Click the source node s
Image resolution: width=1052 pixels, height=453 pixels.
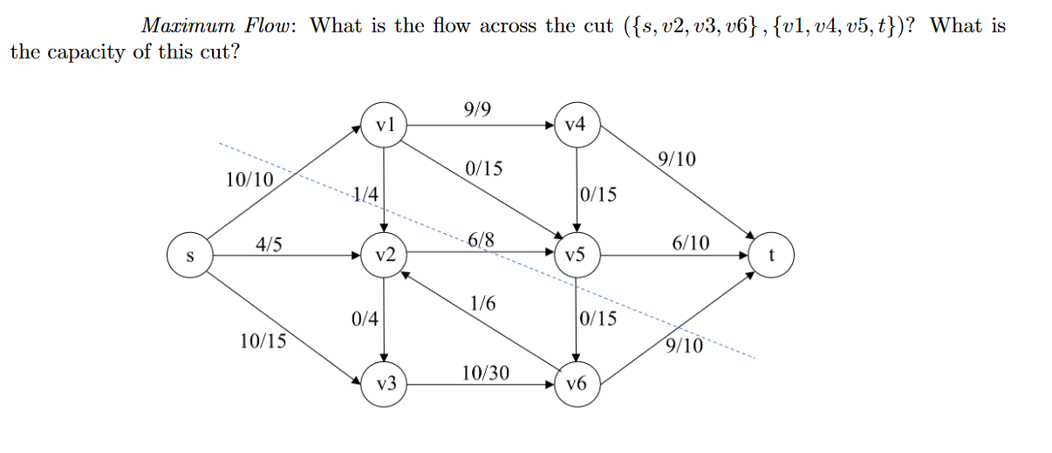(189, 256)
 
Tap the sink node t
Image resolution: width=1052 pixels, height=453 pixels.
(771, 256)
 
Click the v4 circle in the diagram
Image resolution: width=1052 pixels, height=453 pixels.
(575, 125)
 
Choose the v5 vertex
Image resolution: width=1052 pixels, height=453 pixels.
(575, 256)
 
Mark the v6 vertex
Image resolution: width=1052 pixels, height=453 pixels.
(575, 383)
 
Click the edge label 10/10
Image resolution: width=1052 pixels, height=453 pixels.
(249, 180)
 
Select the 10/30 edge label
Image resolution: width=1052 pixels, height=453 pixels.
(486, 373)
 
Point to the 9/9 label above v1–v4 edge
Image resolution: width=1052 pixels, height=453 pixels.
(478, 109)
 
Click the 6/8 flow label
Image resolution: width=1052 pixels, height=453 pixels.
(482, 240)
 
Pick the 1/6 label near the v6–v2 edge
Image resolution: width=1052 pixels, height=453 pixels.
(482, 303)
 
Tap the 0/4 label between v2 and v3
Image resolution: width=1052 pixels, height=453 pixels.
(365, 319)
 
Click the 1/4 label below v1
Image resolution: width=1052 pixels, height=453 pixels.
(365, 195)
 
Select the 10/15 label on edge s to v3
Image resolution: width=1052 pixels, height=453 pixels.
(263, 341)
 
